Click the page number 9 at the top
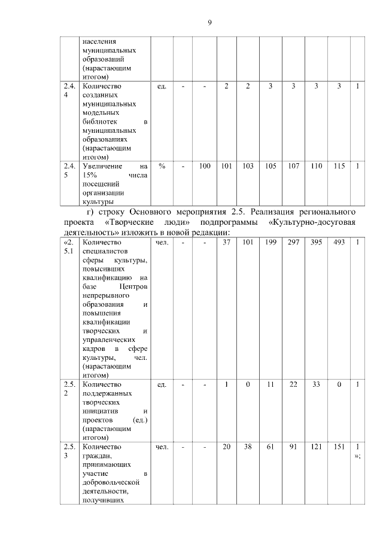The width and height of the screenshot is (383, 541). (209, 23)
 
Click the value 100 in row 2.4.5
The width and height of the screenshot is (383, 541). (205, 166)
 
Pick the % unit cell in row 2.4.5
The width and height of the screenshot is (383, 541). (162, 166)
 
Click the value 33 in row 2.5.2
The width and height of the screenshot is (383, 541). (316, 384)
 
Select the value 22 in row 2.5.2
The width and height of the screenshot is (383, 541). (293, 384)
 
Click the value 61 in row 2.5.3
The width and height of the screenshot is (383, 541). (270, 447)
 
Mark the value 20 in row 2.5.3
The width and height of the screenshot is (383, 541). (226, 447)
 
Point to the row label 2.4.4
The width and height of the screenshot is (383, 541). (69, 91)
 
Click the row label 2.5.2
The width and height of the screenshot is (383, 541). (69, 389)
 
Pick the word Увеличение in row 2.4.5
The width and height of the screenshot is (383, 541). (103, 166)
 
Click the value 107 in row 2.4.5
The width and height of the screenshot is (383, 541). (293, 166)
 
